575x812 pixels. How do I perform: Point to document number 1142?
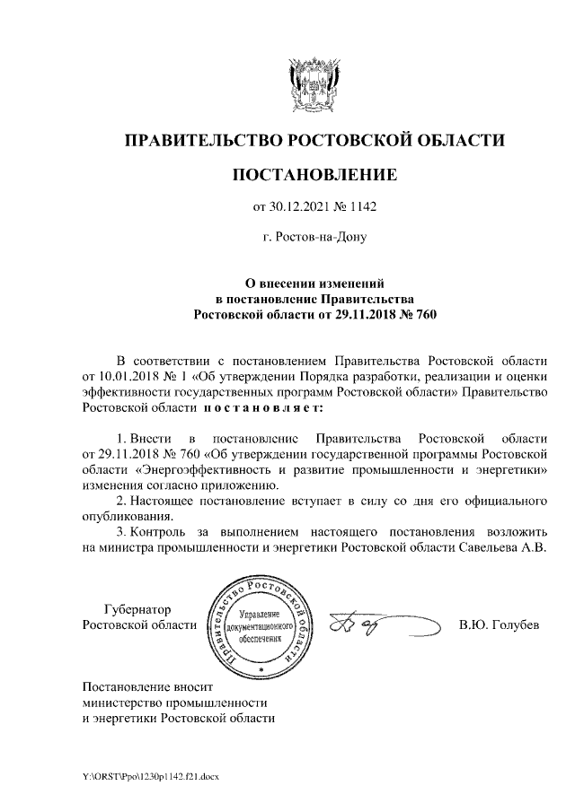[360, 207]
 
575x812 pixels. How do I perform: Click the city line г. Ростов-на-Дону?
[314, 238]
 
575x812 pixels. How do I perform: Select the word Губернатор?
[138, 609]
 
